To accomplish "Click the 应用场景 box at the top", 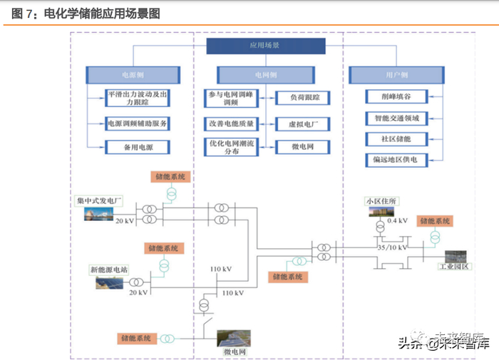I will tap(265, 45).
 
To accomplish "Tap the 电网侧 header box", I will tap(265, 74).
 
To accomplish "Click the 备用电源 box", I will tap(138, 148).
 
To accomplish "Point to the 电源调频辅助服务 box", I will tap(138, 123).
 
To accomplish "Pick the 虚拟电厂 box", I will tap(294, 123).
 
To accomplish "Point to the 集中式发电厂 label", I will tap(101, 200).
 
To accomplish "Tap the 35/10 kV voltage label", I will tap(392, 247).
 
